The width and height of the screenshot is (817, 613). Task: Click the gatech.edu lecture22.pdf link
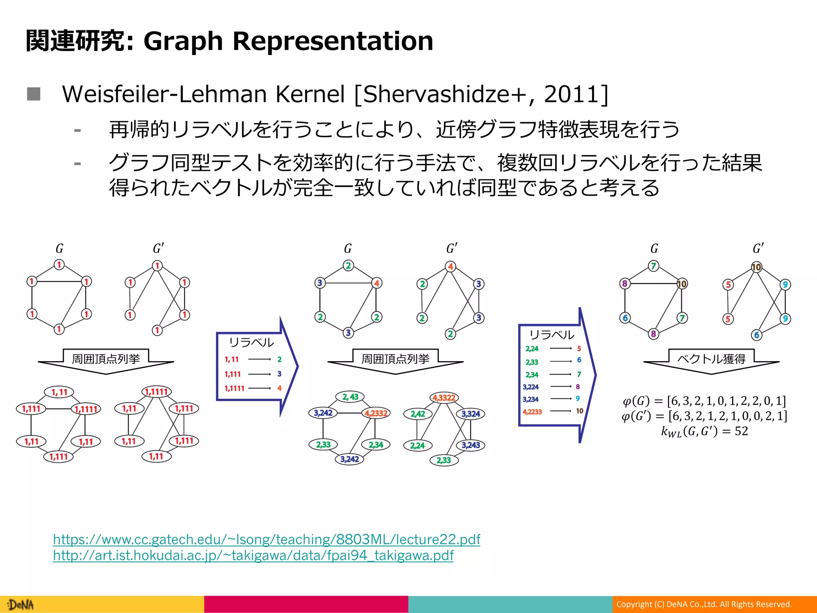[266, 540]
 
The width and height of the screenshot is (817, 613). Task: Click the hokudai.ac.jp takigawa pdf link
[253, 556]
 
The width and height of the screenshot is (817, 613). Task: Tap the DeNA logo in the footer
[21, 605]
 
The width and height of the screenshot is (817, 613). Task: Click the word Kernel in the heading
[310, 94]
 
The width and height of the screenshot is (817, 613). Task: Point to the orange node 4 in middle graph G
[377, 283]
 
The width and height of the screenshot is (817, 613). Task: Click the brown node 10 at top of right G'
[756, 267]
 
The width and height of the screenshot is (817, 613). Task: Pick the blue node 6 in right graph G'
[756, 335]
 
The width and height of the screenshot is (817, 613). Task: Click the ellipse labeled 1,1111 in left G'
[156, 392]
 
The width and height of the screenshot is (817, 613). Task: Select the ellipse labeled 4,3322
[444, 398]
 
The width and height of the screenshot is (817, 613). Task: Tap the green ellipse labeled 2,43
[350, 397]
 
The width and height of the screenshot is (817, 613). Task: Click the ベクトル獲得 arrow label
[711, 359]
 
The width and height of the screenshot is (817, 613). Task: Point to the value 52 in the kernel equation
[741, 431]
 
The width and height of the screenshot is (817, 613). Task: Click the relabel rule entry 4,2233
[532, 411]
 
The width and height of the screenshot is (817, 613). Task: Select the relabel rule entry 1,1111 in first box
[234, 388]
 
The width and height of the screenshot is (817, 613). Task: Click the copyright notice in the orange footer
[704, 604]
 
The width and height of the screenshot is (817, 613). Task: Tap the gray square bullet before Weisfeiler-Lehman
[34, 94]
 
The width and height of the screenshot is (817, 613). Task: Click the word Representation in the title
[333, 41]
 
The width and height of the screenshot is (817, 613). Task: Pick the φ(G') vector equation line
[704, 416]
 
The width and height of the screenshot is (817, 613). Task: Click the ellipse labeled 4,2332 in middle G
[376, 413]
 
